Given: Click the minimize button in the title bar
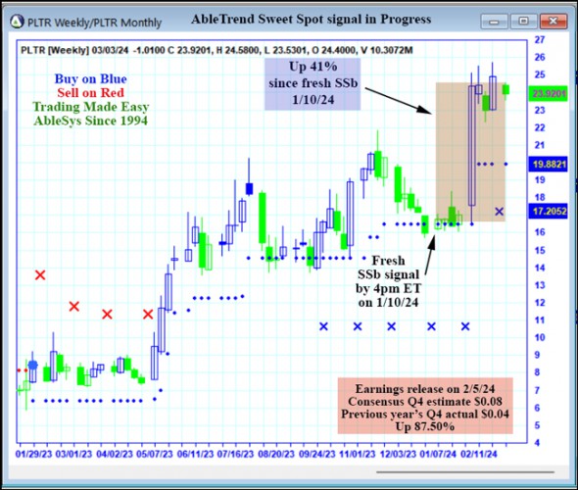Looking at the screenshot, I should coord(497,19).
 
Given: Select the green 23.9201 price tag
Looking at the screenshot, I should coord(548,93).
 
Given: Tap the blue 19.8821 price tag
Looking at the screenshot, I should coord(548,164).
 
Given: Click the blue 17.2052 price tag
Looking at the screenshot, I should coord(548,211).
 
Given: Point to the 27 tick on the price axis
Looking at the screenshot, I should coord(539,40).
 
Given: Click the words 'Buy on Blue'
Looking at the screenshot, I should coord(89,77).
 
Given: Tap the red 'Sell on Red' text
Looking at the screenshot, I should coord(89,92).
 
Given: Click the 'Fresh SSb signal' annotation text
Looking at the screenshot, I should coord(387,273).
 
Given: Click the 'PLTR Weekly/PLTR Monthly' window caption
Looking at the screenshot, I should coord(94,19).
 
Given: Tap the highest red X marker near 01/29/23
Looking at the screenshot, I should coord(40,275).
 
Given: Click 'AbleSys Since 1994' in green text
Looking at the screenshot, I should coord(89,121).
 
